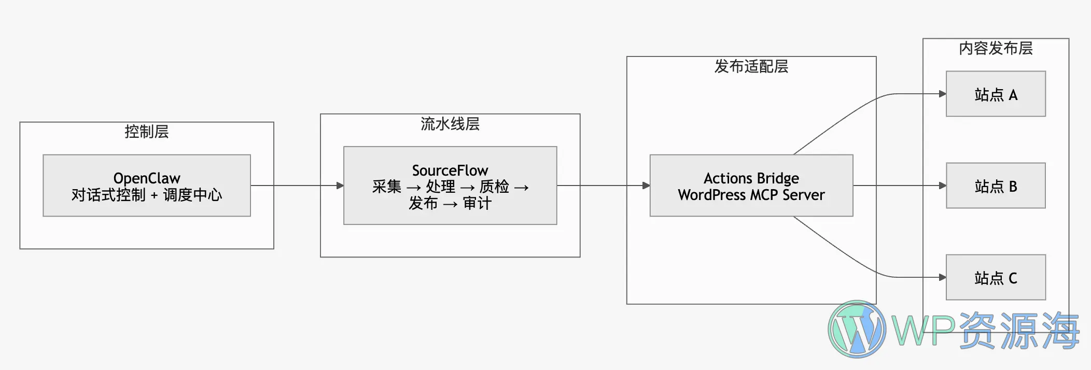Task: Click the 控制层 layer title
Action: pyautogui.click(x=147, y=132)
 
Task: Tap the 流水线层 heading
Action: pyautogui.click(x=450, y=124)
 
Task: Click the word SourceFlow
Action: pyautogui.click(x=450, y=170)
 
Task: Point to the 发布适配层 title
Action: pyautogui.click(x=751, y=66)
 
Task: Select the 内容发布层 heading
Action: pyautogui.click(x=996, y=48)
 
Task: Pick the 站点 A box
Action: pyautogui.click(x=996, y=94)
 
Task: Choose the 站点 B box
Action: pyautogui.click(x=996, y=186)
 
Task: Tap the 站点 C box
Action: pyautogui.click(x=996, y=277)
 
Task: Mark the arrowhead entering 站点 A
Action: pyautogui.click(x=942, y=94)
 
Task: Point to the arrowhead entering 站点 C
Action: pyautogui.click(x=942, y=277)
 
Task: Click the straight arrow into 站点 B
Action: pyautogui.click(x=900, y=186)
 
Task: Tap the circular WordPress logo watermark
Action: pyautogui.click(x=857, y=329)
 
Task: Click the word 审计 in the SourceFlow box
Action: pyautogui.click(x=477, y=203)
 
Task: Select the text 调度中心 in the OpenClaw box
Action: pyautogui.click(x=192, y=195)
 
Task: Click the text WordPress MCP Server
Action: pyautogui.click(x=751, y=195)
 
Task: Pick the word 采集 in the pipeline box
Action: pyautogui.click(x=387, y=187)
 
